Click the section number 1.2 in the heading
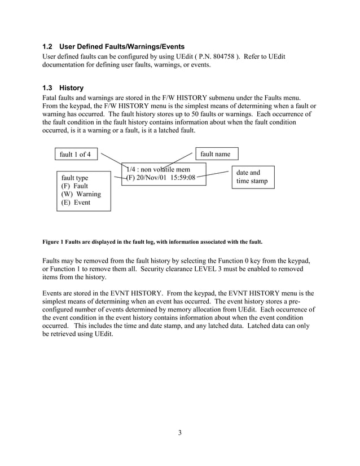pyautogui.click(x=48, y=46)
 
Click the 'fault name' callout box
pyautogui.click(x=216, y=153)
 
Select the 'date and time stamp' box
pyautogui.click(x=252, y=177)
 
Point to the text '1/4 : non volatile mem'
pyautogui.click(x=158, y=169)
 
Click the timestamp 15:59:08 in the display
pyautogui.click(x=181, y=178)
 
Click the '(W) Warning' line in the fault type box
pyautogui.click(x=81, y=194)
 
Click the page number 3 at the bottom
pyautogui.click(x=179, y=433)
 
